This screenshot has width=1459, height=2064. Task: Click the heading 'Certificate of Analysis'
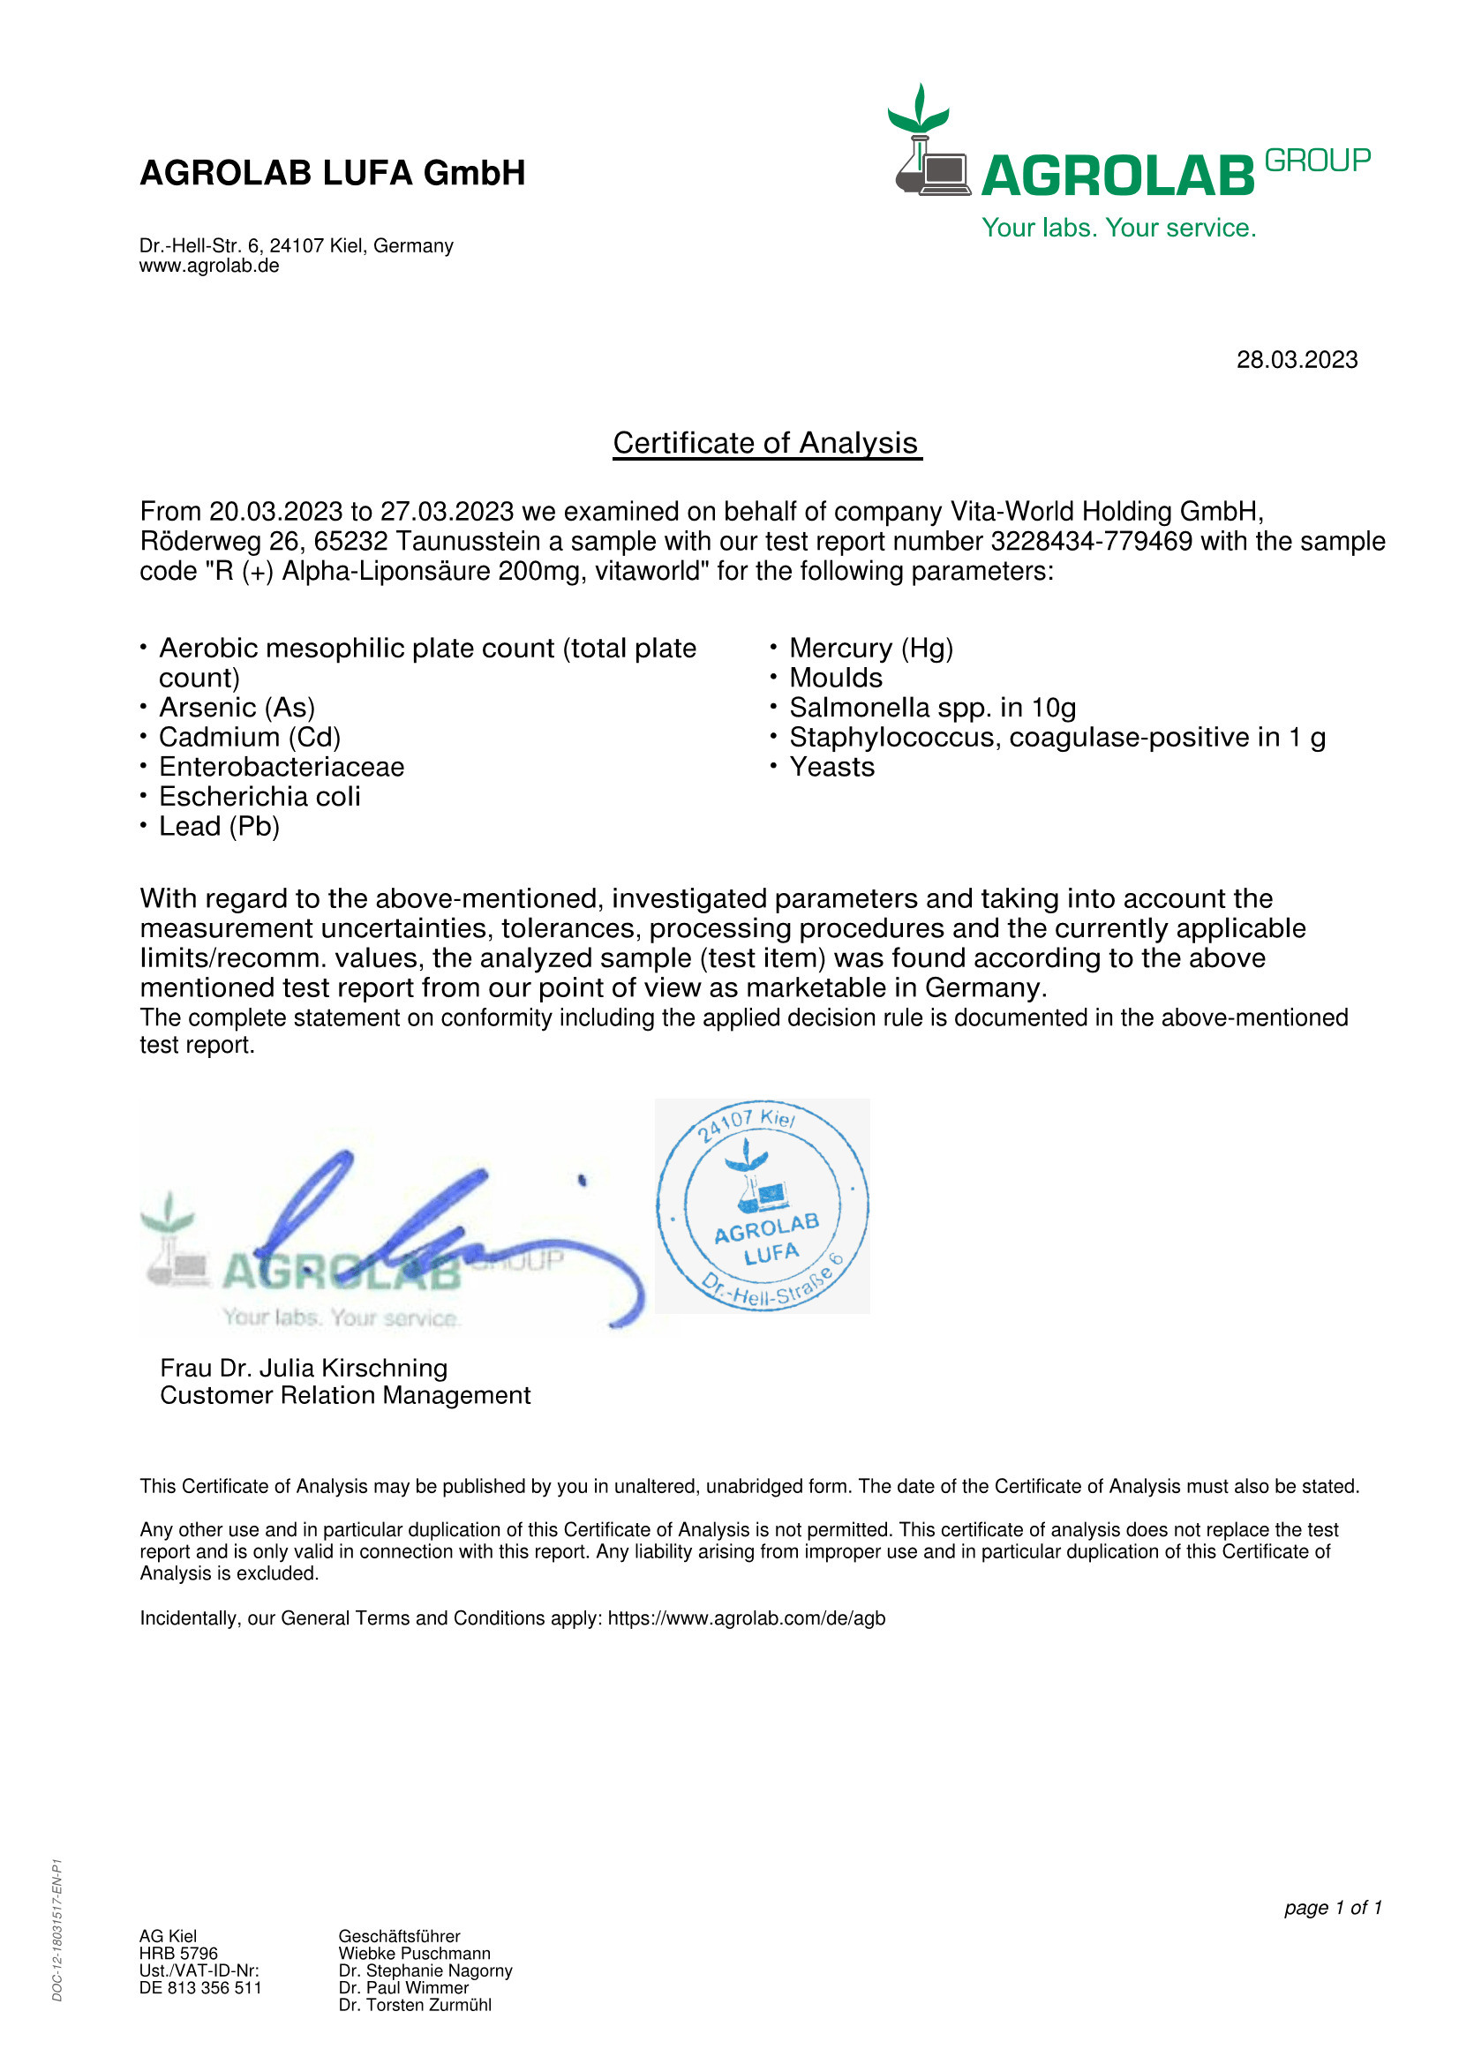[x=766, y=443]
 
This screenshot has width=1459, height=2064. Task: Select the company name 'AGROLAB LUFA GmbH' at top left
[x=332, y=173]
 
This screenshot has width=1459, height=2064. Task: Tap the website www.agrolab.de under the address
[x=208, y=266]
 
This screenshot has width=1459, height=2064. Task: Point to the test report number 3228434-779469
[x=1091, y=541]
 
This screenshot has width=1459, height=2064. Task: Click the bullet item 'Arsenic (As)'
[x=237, y=708]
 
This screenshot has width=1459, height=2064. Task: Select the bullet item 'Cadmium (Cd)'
[x=249, y=737]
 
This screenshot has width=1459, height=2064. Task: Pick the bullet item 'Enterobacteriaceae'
[x=282, y=767]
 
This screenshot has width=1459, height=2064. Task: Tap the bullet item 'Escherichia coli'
[x=259, y=797]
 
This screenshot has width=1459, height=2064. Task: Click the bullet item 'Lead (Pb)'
[x=220, y=826]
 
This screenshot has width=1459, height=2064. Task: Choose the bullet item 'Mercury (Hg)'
[x=870, y=649]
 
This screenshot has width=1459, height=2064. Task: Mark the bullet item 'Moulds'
[x=835, y=678]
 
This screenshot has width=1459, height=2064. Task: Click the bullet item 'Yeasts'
[x=831, y=767]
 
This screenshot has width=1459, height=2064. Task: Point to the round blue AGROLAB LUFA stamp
[x=763, y=1205]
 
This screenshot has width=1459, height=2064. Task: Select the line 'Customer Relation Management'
[x=345, y=1395]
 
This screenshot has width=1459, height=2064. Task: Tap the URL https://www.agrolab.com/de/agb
[x=746, y=1618]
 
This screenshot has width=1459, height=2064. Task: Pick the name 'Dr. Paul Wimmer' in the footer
[x=403, y=1987]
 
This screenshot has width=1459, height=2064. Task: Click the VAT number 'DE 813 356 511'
[x=200, y=1987]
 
